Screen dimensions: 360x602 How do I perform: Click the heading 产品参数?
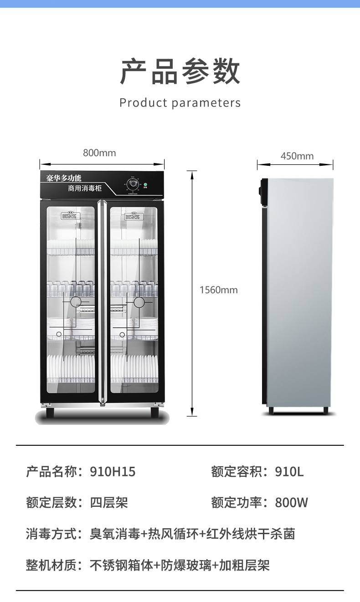point(180,71)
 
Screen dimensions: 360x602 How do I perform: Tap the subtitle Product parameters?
point(180,103)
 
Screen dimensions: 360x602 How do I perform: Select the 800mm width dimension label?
point(99,153)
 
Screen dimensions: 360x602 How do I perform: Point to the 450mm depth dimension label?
point(297,156)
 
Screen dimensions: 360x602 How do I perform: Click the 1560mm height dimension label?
point(219,290)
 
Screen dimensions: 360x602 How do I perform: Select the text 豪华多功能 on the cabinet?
point(64,178)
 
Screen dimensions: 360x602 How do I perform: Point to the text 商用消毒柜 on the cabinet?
point(85,188)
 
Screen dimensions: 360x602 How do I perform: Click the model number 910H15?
point(113,472)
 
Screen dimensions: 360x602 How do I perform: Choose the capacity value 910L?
point(289,472)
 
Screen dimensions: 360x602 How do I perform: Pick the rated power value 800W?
point(292,503)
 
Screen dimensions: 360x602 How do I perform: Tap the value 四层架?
point(109,503)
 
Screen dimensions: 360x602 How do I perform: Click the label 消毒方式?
point(51,534)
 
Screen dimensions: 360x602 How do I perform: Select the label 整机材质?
point(51,566)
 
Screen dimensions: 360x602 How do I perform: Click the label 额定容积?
point(237,472)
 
